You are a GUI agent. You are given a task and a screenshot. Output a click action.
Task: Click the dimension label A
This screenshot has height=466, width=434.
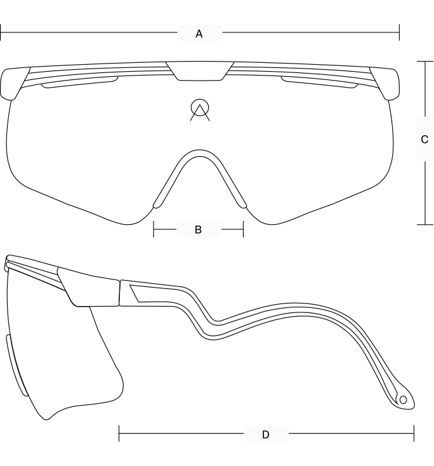pos(199,34)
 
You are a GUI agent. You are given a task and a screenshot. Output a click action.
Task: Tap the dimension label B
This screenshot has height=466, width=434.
pos(198,230)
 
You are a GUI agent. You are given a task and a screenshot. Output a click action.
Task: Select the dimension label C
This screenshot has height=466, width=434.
pos(424,140)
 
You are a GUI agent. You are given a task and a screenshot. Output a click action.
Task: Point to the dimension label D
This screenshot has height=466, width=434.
pos(265,435)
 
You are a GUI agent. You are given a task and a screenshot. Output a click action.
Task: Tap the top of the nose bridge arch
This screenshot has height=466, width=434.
pos(200,151)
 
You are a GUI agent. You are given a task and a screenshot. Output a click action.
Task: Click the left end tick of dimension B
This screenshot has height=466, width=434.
pos(154,230)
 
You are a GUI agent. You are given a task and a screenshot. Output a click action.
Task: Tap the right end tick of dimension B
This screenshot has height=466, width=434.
pos(243,230)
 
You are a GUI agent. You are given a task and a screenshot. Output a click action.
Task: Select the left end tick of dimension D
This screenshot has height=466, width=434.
pos(119,434)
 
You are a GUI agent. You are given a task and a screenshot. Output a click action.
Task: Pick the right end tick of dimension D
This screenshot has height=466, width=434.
pos(414,434)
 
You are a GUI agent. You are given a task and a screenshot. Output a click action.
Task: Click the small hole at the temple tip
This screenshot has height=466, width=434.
pos(402,400)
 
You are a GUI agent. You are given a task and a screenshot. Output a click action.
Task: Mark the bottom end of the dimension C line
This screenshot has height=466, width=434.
pos(425,223)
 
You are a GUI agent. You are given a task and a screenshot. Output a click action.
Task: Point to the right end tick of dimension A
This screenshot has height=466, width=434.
pos(399,33)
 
